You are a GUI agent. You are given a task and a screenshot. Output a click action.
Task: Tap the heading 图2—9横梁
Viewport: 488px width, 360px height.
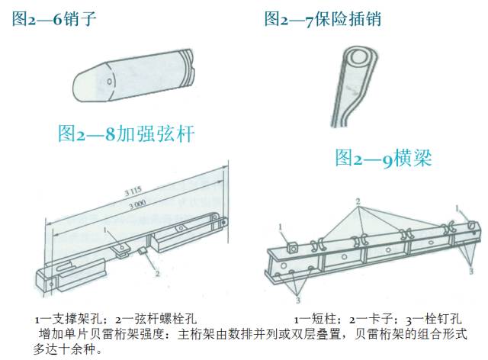pyautogui.click(x=384, y=158)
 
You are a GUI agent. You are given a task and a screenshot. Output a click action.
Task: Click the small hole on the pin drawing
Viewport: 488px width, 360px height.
pyautogui.click(x=112, y=79)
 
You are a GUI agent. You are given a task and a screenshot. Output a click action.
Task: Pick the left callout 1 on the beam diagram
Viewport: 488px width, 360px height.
pyautogui.click(x=281, y=227)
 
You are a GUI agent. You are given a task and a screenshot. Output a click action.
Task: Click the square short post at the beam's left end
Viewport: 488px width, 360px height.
pyautogui.click(x=293, y=246)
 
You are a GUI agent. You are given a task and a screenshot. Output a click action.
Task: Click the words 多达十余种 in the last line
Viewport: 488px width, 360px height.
pyautogui.click(x=61, y=350)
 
